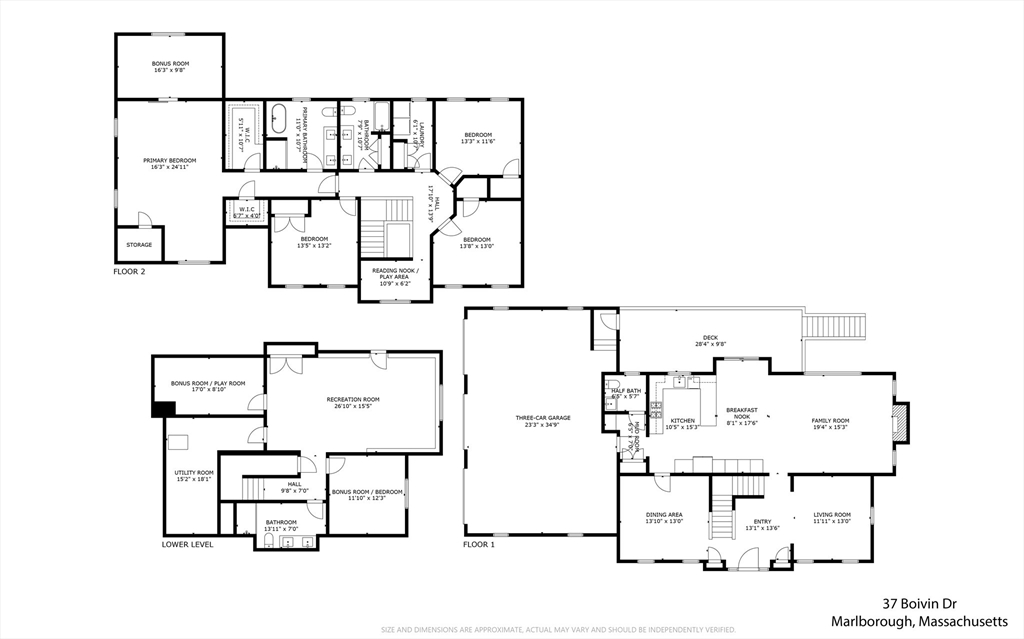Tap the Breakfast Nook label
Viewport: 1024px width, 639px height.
coord(742,414)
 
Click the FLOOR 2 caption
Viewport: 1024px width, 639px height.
coord(130,271)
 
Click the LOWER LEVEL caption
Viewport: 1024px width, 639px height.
coord(187,545)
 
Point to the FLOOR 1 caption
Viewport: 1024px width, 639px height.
coord(478,545)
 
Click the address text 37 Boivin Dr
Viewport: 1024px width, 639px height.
coord(918,604)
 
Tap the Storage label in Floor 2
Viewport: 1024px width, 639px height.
coord(139,244)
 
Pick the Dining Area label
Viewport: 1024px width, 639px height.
coord(664,517)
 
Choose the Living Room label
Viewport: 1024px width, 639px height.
coord(831,517)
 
